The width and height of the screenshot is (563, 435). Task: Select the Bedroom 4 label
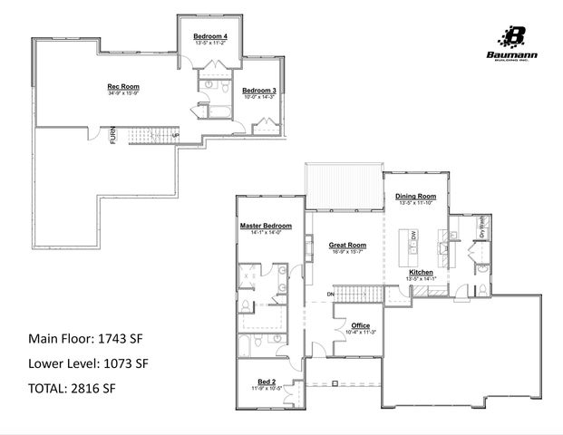click(209, 35)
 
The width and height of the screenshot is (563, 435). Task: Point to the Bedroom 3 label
click(258, 91)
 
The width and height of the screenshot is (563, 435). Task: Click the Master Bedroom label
click(266, 225)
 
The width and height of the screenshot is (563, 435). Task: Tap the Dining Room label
click(415, 197)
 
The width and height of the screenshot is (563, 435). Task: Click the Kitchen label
click(422, 272)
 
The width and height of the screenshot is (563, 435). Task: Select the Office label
click(360, 324)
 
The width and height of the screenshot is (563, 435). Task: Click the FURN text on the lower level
click(113, 139)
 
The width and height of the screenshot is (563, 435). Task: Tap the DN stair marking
click(331, 295)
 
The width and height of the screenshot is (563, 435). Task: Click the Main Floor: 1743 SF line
click(85, 340)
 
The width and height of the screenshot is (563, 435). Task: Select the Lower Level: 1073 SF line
click(89, 364)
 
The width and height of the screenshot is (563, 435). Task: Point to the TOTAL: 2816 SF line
click(73, 389)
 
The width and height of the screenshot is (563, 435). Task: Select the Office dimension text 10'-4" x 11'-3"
click(360, 332)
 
